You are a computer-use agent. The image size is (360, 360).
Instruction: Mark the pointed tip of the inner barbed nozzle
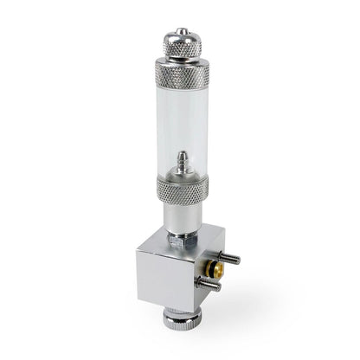coord(181,153)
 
